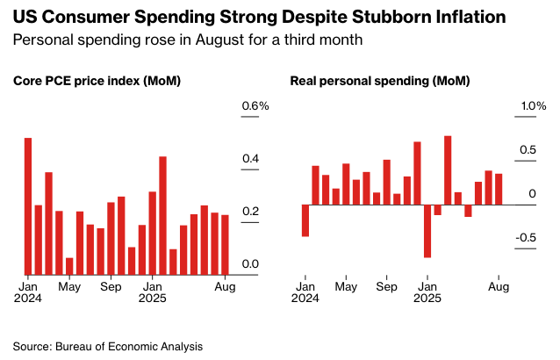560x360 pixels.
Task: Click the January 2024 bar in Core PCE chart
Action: pyautogui.click(x=28, y=205)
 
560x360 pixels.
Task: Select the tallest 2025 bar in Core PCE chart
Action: pyautogui.click(x=162, y=215)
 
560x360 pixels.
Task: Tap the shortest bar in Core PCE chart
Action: pyautogui.click(x=69, y=265)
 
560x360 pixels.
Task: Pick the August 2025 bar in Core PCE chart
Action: pyautogui.click(x=225, y=244)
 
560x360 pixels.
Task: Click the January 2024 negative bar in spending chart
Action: pyautogui.click(x=305, y=220)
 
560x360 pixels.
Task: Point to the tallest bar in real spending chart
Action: pyautogui.click(x=448, y=170)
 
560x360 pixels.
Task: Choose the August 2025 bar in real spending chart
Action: pyautogui.click(x=499, y=189)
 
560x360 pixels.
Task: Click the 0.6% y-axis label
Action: pyautogui.click(x=255, y=106)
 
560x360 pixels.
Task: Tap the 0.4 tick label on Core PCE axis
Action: pyautogui.click(x=250, y=159)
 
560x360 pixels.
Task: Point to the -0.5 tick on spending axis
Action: pyautogui.click(x=526, y=237)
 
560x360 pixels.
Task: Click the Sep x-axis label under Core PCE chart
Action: pyautogui.click(x=111, y=286)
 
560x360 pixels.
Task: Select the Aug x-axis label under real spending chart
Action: pyautogui.click(x=499, y=286)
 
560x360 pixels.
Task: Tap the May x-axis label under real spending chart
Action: pyautogui.click(x=346, y=286)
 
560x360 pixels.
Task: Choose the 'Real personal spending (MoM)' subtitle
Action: pyautogui.click(x=380, y=81)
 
